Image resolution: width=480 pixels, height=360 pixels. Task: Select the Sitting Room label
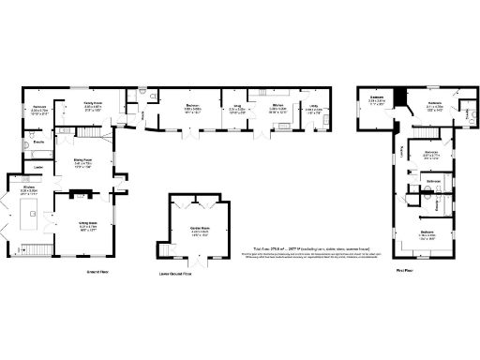[x=89, y=225]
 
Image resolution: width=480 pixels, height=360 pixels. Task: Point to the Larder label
[x=39, y=168]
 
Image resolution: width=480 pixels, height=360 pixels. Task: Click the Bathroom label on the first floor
[x=433, y=180]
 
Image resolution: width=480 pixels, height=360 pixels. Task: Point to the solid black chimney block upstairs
[x=397, y=98]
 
